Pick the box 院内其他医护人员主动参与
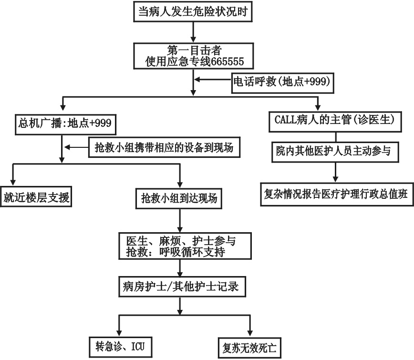point(334,151)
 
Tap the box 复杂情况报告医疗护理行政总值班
point(337,195)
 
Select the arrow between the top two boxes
point(192,31)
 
